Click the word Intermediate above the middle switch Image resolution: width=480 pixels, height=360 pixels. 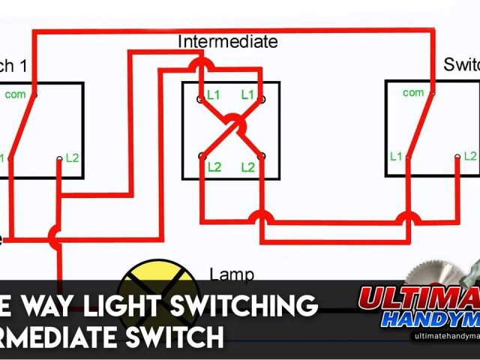(227, 41)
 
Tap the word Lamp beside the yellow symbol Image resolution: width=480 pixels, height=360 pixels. (231, 274)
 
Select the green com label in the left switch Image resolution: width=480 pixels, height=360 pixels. (15, 94)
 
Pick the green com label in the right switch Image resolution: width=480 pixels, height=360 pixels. (412, 92)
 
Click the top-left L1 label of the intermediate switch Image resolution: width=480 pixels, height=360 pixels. (214, 95)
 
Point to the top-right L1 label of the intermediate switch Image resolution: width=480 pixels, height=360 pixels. (248, 95)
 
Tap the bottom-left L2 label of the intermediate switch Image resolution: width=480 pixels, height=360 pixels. (214, 167)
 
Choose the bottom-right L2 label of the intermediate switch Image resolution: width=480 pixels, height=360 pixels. (247, 167)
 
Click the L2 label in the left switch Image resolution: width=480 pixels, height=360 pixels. (72, 157)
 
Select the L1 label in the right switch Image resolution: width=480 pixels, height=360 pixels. (395, 156)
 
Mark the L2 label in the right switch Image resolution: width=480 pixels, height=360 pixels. (469, 156)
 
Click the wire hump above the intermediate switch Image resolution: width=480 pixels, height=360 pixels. (201, 67)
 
